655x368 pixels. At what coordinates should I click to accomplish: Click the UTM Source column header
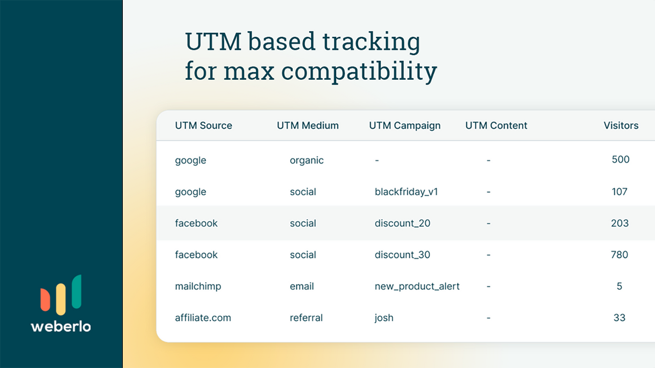tap(203, 126)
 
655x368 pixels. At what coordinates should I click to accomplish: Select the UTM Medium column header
tap(308, 126)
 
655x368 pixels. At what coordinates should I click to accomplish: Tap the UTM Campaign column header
tap(404, 126)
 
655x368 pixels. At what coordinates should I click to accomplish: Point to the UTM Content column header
tap(496, 126)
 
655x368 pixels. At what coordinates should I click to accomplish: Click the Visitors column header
tap(621, 126)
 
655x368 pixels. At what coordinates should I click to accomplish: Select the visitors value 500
tap(620, 159)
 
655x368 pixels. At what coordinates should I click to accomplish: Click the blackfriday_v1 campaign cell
tap(406, 192)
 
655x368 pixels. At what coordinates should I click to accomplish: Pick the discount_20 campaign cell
tap(402, 223)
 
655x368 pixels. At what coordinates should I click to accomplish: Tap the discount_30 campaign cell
tap(402, 255)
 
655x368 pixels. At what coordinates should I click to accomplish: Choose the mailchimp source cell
tap(198, 287)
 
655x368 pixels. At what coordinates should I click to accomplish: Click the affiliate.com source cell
tap(203, 318)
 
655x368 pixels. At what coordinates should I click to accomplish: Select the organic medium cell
tap(307, 160)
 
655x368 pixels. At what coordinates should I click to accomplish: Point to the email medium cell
tap(301, 287)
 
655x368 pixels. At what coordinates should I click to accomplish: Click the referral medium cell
tap(306, 318)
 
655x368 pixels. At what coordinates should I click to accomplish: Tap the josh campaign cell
tap(384, 318)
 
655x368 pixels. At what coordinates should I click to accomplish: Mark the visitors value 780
tap(619, 255)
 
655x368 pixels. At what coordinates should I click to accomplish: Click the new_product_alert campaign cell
tap(417, 287)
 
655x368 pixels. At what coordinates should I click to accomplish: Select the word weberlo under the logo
tap(61, 326)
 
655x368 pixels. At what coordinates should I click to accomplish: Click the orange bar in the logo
tap(45, 299)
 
